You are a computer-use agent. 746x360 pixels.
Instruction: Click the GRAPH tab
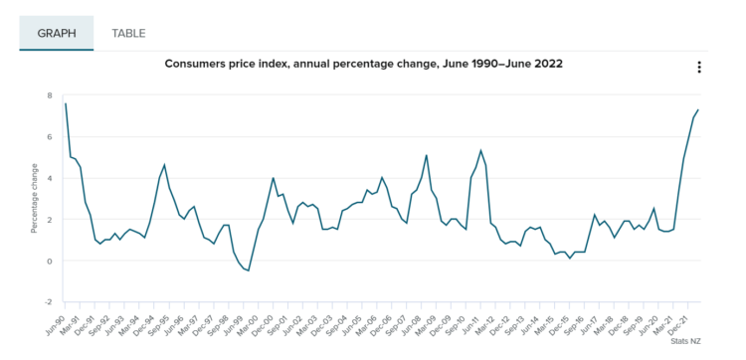point(56,33)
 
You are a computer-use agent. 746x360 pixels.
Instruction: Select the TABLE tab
point(128,33)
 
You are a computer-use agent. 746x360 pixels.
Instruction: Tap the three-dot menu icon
point(699,67)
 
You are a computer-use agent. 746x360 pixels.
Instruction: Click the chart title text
point(363,64)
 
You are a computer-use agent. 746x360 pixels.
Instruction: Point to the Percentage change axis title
point(34,198)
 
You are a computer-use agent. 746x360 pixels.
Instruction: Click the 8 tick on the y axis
point(50,95)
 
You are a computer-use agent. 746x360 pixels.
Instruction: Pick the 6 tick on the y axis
point(50,137)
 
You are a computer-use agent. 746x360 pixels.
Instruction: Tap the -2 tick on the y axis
point(48,302)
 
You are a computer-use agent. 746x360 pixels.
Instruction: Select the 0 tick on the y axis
point(50,261)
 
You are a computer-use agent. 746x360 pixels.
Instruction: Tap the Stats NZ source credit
point(685,341)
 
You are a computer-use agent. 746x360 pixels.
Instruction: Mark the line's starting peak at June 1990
point(66,103)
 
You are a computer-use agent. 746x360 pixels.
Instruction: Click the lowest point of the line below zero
point(249,270)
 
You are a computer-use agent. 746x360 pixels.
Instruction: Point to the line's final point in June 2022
point(698,109)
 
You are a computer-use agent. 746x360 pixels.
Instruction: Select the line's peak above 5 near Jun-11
point(481,150)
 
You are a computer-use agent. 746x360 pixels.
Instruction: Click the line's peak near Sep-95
point(164,165)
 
